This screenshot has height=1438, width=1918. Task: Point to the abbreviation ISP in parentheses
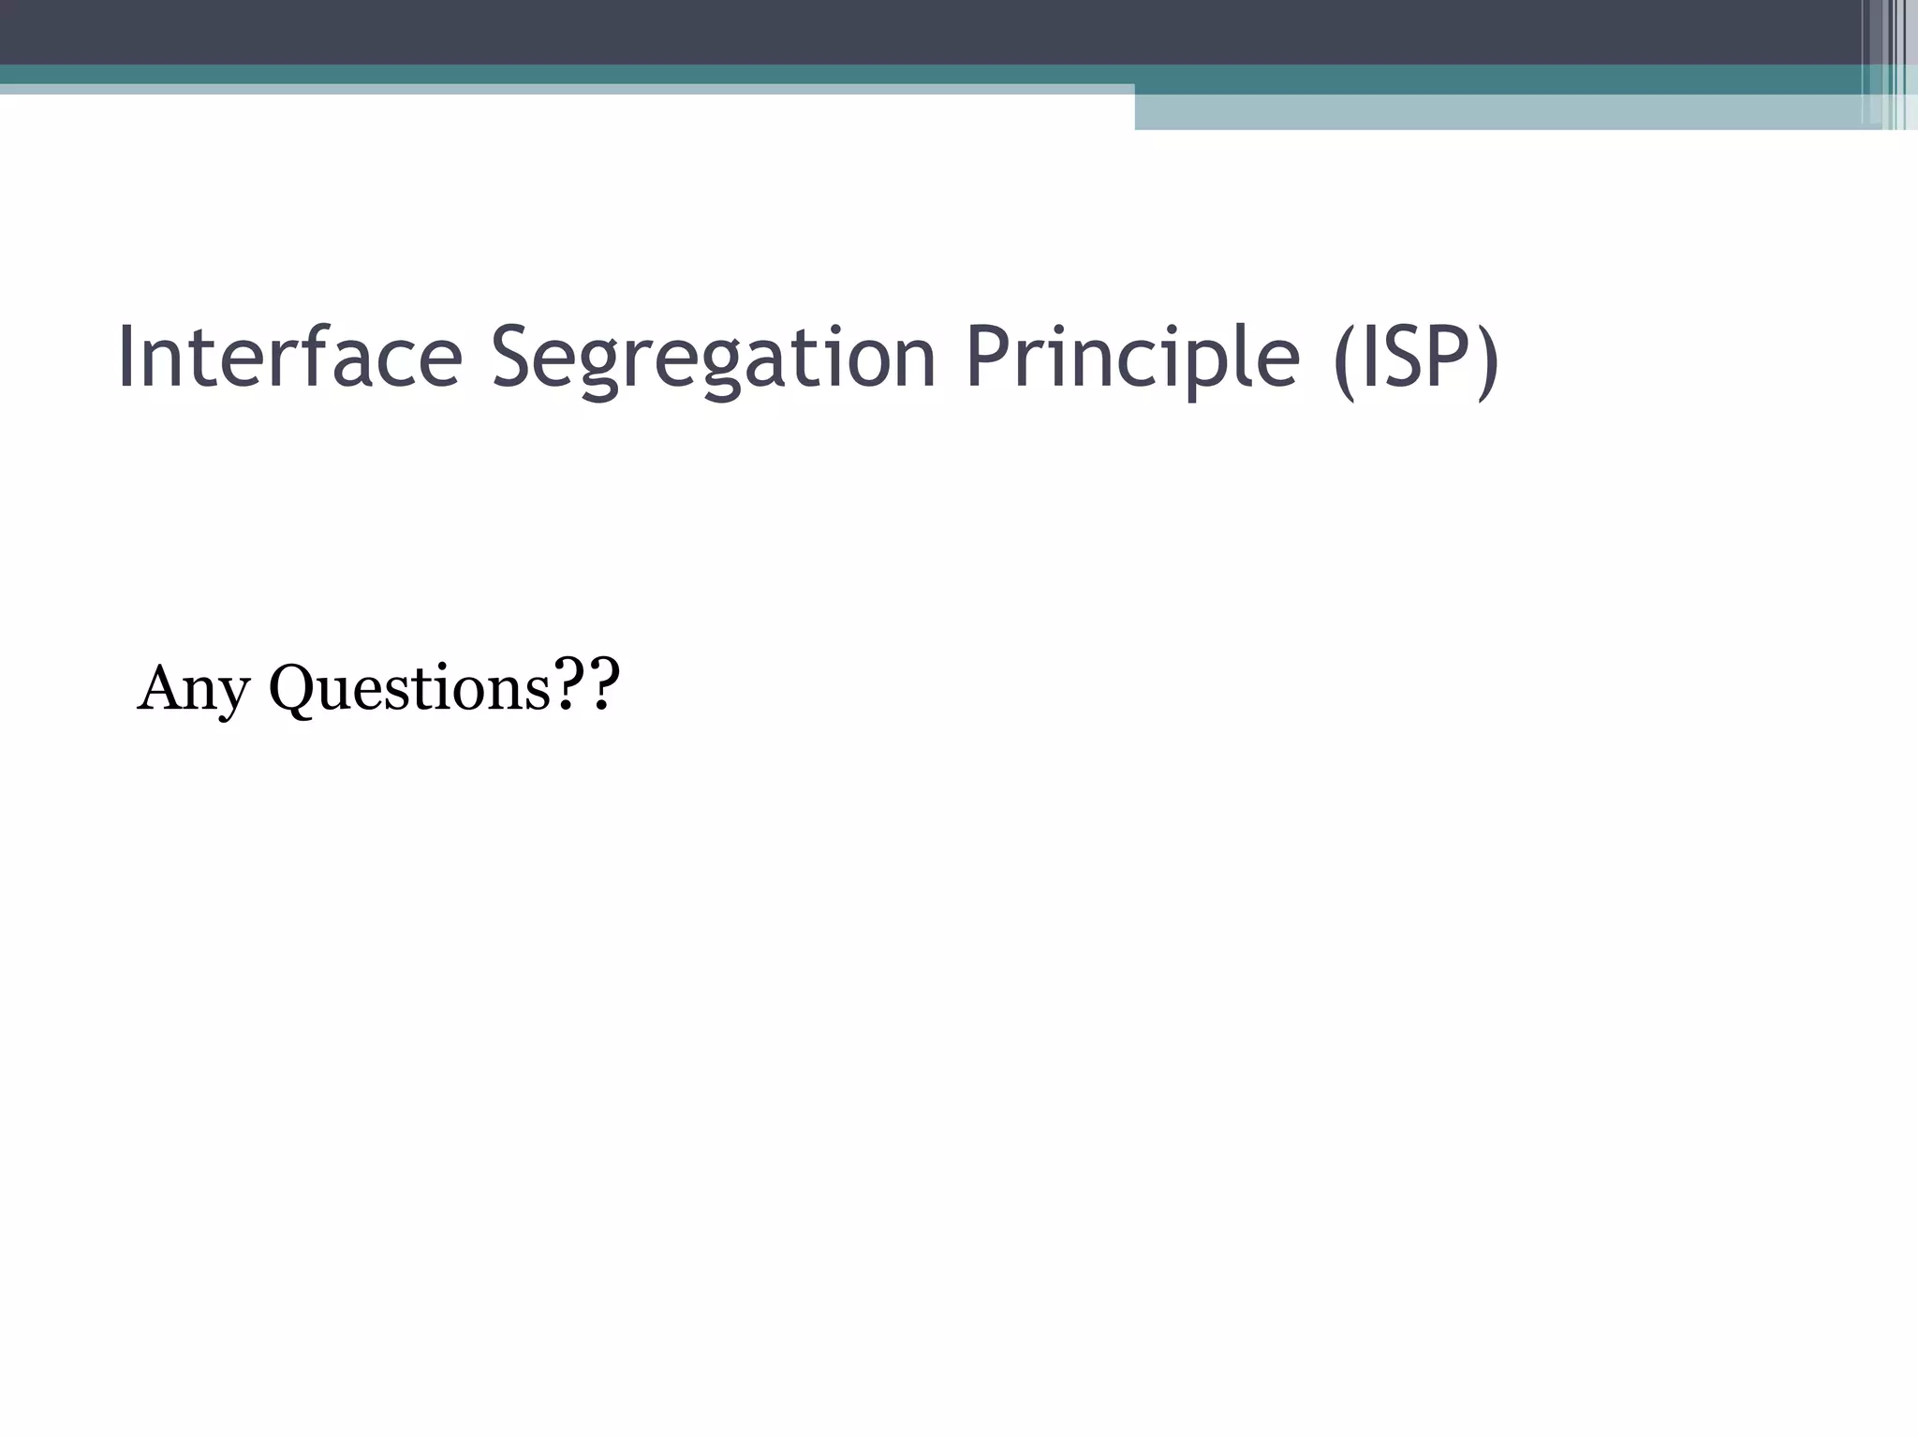[x=1415, y=359]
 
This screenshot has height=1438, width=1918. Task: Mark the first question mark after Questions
[x=568, y=684]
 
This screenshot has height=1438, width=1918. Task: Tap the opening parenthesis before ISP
[x=1345, y=361]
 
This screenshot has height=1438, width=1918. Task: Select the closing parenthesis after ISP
[x=1487, y=361]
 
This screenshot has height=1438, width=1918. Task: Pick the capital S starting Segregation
[x=514, y=357]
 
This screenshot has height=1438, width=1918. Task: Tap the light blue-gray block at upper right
[x=1498, y=112]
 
